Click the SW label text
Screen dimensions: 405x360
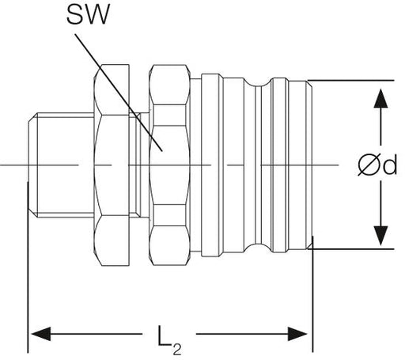click(x=88, y=15)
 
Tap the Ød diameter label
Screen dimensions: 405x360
click(x=377, y=165)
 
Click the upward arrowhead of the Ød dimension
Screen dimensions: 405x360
click(x=380, y=98)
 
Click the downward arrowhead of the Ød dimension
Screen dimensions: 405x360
click(x=380, y=236)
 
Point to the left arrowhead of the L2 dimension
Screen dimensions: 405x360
click(x=41, y=334)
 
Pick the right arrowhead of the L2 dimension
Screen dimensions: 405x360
click(x=297, y=334)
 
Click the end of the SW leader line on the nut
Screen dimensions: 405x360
click(x=162, y=151)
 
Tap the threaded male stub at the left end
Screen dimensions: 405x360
click(x=61, y=165)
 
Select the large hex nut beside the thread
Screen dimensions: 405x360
click(x=112, y=165)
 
